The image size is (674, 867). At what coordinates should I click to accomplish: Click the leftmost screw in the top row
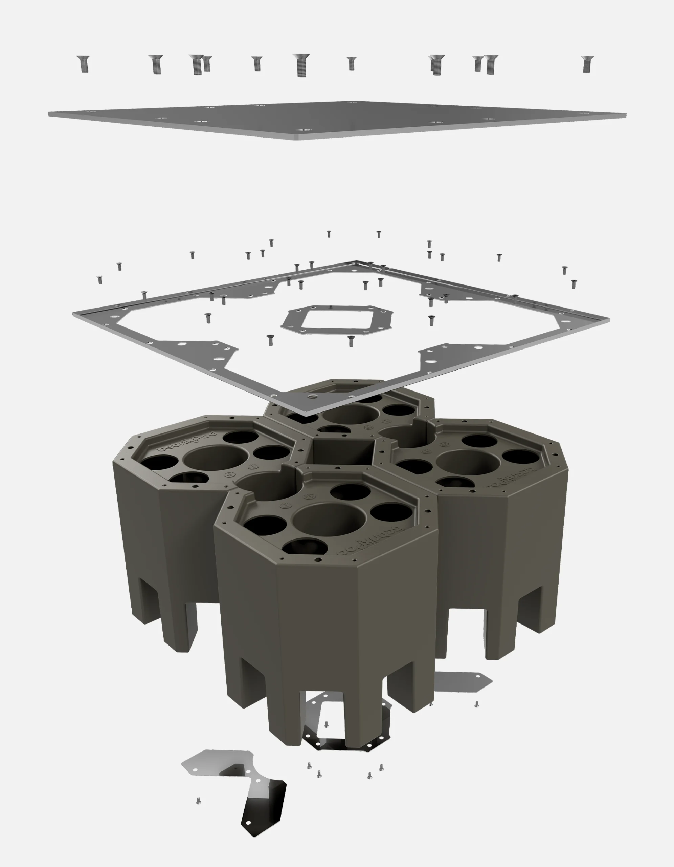coord(83,64)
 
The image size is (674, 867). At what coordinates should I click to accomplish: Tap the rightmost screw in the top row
coord(587,64)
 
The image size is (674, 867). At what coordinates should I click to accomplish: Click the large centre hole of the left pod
coord(215,461)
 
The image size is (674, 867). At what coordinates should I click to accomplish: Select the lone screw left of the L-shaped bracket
coord(198,801)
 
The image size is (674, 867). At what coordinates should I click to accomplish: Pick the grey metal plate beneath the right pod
coord(462,682)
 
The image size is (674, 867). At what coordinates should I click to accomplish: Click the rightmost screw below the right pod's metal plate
coord(476,704)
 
